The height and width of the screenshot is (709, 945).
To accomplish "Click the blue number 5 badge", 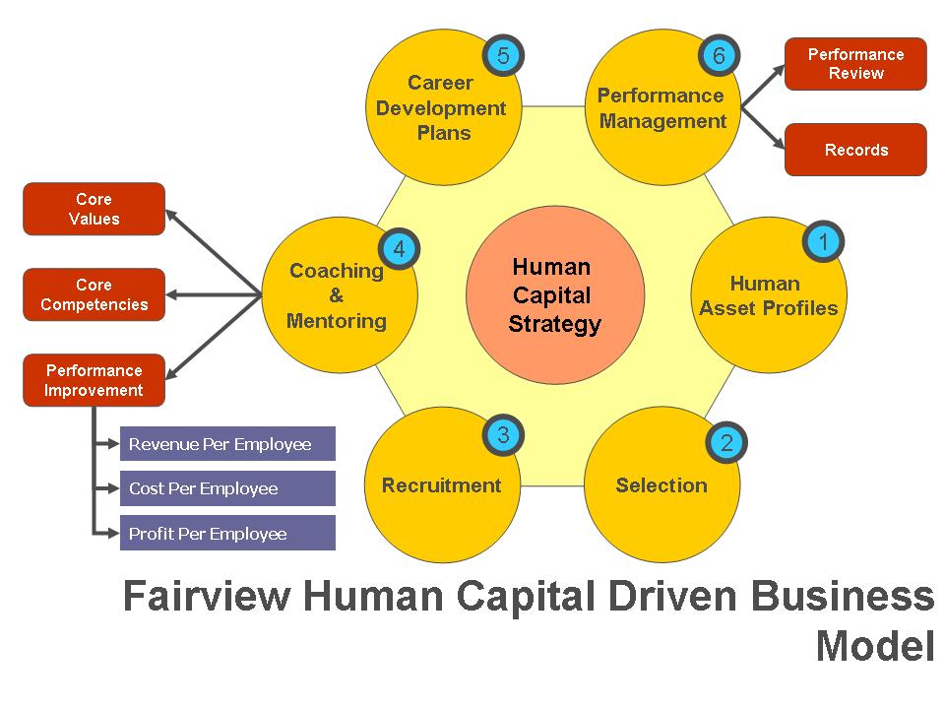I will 503,55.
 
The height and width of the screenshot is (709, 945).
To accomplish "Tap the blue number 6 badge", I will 719,55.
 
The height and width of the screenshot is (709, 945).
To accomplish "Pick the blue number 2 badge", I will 726,442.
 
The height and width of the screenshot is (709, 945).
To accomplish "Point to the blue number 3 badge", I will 503,434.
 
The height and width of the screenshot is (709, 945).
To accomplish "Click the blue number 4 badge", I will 399,249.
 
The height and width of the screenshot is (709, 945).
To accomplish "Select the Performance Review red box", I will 855,64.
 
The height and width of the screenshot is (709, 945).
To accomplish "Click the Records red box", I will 855,150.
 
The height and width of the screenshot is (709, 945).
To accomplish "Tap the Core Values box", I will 94,209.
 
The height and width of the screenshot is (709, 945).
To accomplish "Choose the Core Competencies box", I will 94,294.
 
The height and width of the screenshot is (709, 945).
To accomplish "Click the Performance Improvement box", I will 94,380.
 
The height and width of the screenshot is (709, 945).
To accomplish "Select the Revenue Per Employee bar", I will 227,444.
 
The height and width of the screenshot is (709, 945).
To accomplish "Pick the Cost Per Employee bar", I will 227,488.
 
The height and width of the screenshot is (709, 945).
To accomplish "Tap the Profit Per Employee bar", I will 227,534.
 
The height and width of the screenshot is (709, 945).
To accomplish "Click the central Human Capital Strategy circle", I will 554,295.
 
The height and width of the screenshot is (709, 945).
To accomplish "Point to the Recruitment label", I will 441,485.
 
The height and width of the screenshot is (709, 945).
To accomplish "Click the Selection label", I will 661,485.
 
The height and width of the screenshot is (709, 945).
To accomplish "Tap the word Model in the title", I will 874,646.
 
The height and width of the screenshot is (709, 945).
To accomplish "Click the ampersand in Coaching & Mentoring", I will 336,295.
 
